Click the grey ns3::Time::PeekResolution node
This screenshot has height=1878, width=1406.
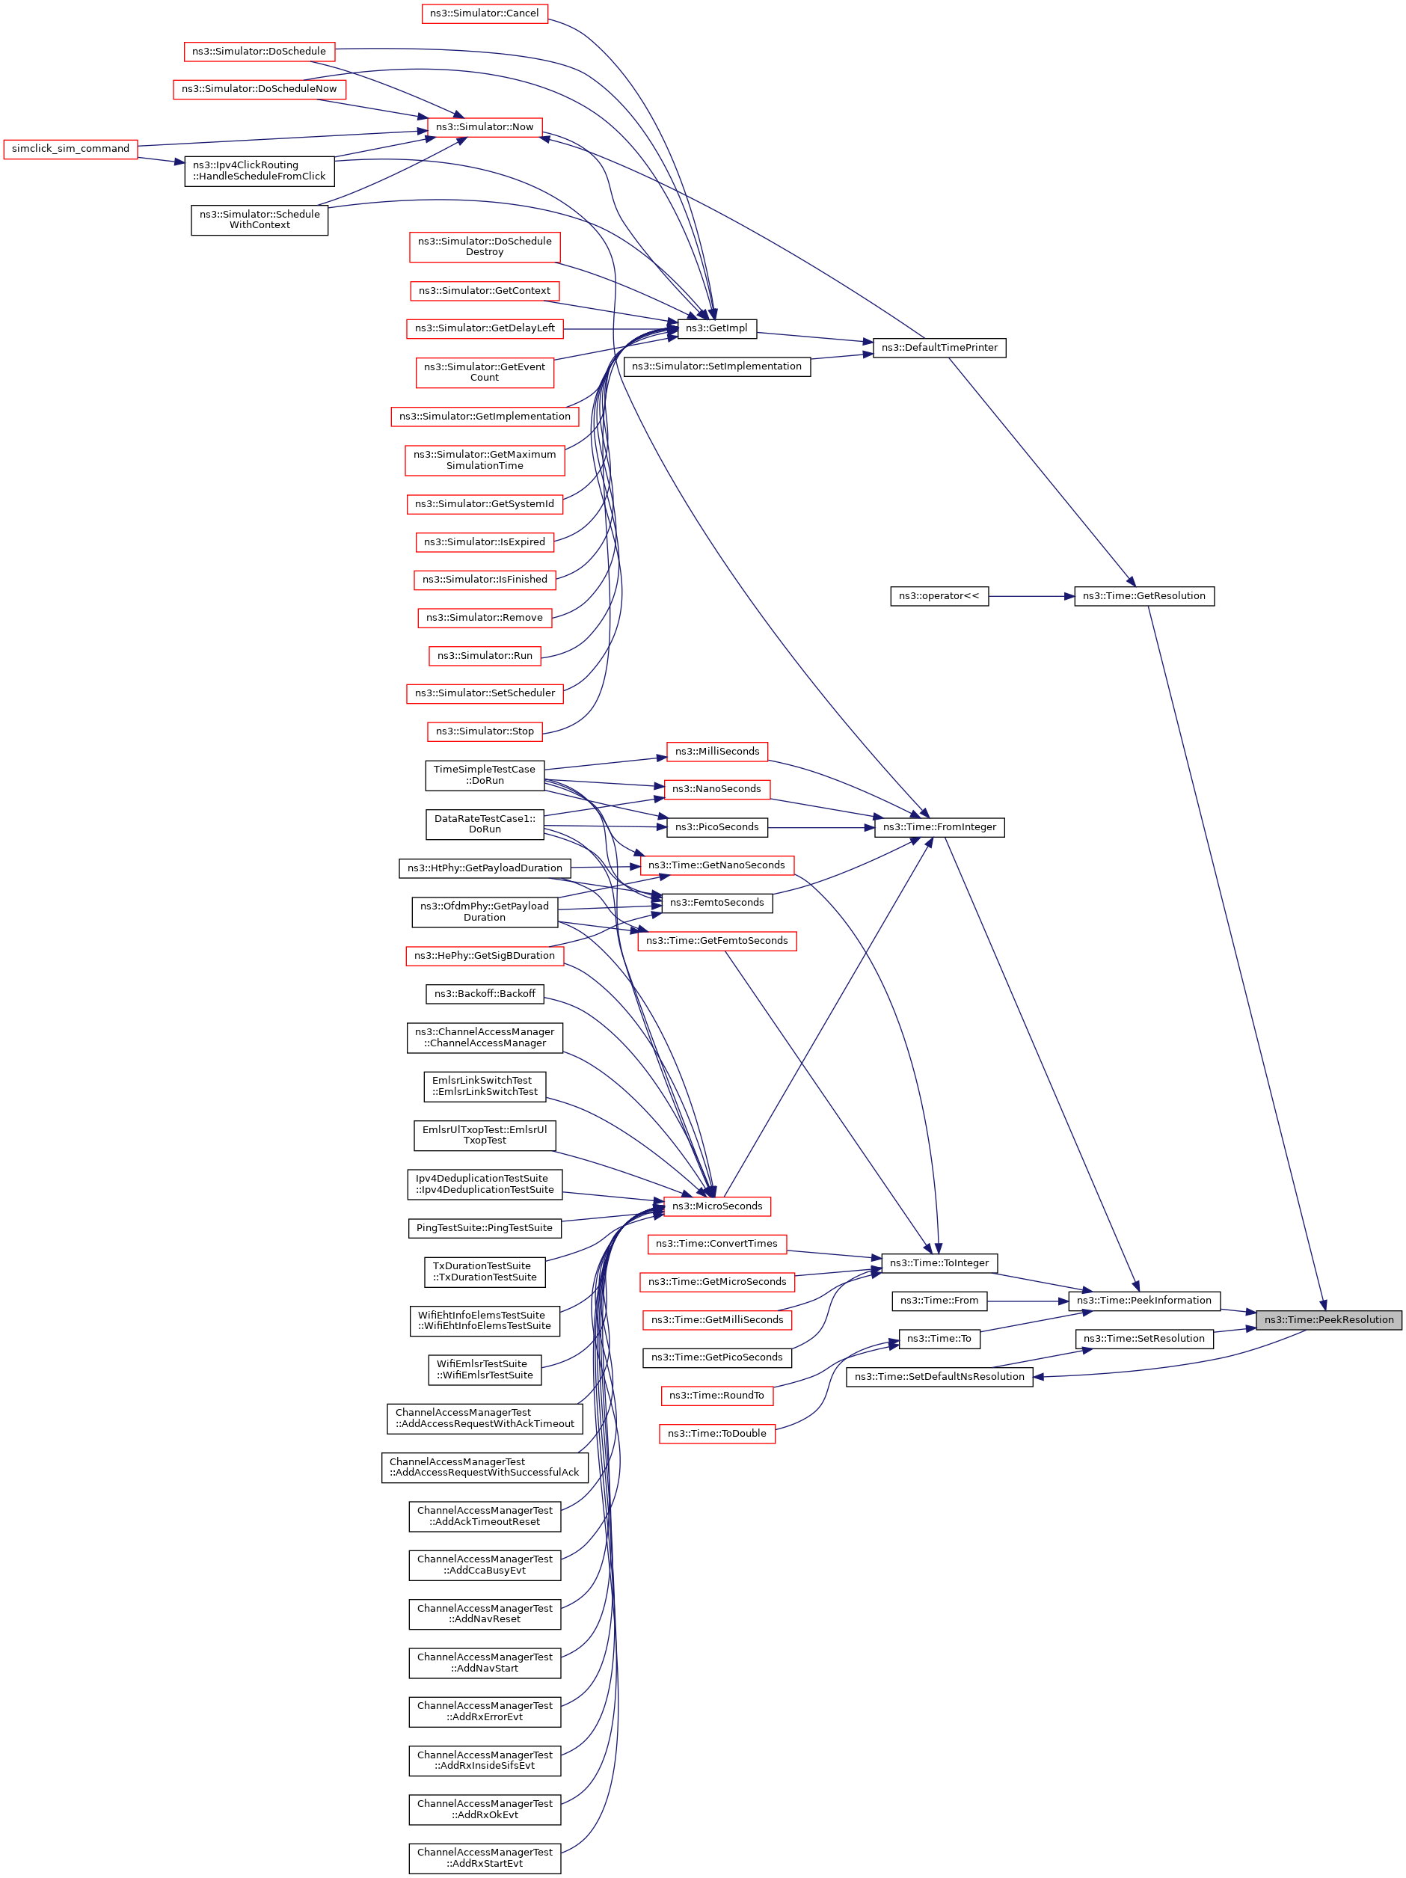pos(1328,1319)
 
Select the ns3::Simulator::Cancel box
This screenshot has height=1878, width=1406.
pos(484,13)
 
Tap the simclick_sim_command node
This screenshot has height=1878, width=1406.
pos(70,150)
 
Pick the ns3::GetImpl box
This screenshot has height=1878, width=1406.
pos(716,328)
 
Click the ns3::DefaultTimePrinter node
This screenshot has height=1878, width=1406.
pos(939,348)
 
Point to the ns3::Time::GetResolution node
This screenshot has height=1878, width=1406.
pos(1143,596)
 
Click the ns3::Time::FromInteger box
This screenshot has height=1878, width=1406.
pos(939,827)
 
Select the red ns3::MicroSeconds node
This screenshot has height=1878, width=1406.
pos(716,1206)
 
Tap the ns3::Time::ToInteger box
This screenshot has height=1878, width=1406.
pos(939,1262)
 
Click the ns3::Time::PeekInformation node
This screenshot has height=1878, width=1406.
pos(1143,1300)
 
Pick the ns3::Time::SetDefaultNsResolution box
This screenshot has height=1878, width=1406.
pos(939,1376)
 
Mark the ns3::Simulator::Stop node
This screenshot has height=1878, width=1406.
pos(484,731)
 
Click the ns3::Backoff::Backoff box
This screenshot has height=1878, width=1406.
pos(484,993)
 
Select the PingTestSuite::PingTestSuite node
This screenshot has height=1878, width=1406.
pos(484,1227)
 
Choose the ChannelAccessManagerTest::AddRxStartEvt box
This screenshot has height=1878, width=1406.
pos(484,1858)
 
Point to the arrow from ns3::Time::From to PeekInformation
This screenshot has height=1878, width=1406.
pos(1028,1301)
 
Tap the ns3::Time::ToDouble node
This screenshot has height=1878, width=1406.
pos(716,1433)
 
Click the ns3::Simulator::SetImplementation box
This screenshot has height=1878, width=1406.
pos(716,366)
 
